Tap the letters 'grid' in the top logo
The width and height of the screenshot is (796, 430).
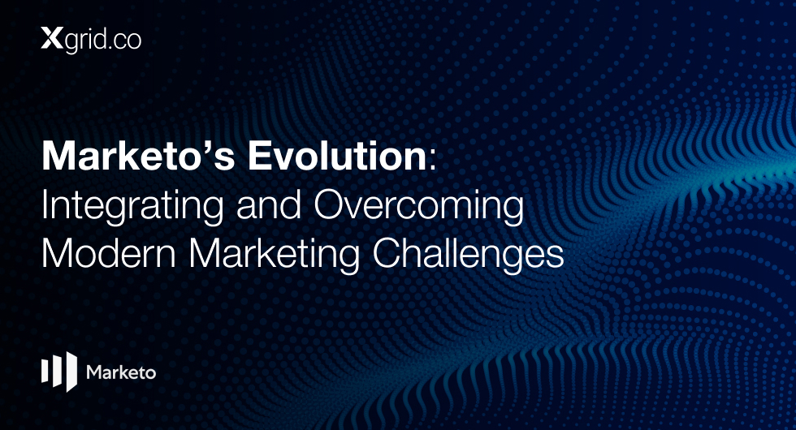[84, 41]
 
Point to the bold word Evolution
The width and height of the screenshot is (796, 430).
[338, 156]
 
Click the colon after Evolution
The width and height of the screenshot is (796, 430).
[432, 160]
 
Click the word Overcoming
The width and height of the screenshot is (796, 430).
[419, 207]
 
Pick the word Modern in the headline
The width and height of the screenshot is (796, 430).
[109, 252]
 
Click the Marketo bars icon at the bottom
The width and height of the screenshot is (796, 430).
[58, 372]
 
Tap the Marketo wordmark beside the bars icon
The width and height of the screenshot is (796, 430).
[121, 372]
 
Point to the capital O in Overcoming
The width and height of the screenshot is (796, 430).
[331, 204]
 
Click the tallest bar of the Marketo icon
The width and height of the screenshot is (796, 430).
[71, 372]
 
